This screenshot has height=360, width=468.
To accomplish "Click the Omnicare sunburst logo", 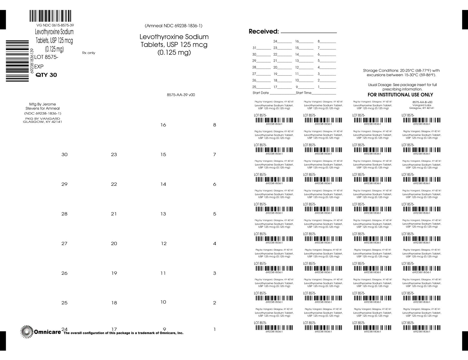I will [27, 332].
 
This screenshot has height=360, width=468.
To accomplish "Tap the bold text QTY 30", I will [46, 75].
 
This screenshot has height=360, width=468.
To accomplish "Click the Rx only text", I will [89, 53].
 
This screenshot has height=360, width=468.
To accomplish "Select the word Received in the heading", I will [263, 31].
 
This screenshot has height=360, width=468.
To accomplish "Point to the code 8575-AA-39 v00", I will [181, 95].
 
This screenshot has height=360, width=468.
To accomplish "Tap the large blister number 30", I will [64, 155].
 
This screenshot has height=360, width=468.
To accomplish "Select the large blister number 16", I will [163, 125].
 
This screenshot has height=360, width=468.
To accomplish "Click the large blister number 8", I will [215, 125].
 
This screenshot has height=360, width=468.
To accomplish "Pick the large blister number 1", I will [215, 329].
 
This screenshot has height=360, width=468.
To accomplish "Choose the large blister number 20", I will [114, 244].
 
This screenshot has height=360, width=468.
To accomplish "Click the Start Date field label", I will [261, 93].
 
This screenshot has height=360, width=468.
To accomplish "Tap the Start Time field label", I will [304, 93].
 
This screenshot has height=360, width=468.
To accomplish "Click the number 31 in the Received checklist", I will [254, 48].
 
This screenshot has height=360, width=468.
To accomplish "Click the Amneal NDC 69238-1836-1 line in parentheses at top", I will [173, 26].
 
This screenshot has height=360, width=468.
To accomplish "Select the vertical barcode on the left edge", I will [17, 61].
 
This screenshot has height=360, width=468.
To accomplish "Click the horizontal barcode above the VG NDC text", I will [50, 16].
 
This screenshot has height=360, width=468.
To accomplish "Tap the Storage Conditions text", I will [401, 73].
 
